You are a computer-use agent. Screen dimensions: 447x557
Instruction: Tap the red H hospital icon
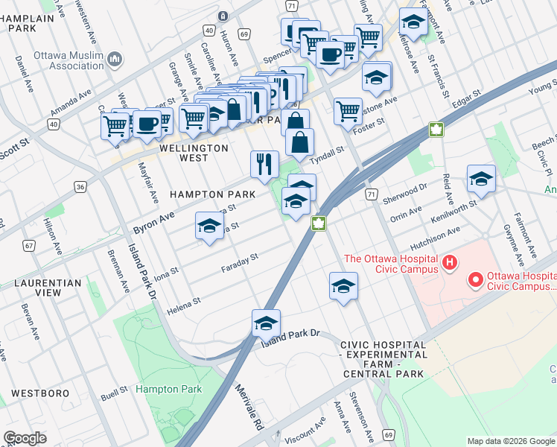449,262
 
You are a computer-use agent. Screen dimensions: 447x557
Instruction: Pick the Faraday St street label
239,262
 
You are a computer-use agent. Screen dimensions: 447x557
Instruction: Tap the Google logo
25,438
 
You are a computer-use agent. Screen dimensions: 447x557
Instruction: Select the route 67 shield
29,245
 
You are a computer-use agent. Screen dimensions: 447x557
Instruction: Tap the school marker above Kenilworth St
481,179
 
